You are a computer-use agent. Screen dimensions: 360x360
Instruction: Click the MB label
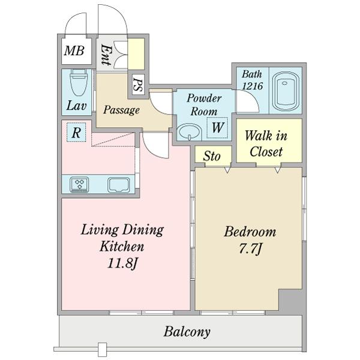click(74, 51)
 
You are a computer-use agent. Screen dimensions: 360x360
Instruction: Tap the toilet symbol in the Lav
click(79, 82)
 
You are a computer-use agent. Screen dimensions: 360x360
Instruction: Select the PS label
click(138, 85)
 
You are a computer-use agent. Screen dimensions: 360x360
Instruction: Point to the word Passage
click(121, 110)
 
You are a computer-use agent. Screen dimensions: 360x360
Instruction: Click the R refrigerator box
click(76, 132)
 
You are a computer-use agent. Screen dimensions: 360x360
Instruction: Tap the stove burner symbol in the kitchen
click(79, 184)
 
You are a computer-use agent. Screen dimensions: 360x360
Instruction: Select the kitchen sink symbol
click(118, 184)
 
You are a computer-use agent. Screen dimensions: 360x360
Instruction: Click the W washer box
click(217, 128)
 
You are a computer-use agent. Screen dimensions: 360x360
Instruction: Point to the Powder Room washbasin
click(190, 132)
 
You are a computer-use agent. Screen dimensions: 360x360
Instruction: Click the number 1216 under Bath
click(253, 86)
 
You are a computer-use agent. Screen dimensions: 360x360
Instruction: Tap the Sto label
click(212, 156)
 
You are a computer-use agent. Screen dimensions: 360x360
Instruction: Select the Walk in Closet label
click(266, 144)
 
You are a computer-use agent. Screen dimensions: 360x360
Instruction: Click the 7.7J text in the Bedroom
click(250, 248)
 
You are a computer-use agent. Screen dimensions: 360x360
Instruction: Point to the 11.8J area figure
click(122, 263)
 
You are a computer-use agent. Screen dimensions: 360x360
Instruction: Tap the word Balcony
click(187, 332)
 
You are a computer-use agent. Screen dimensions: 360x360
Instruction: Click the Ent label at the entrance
click(106, 55)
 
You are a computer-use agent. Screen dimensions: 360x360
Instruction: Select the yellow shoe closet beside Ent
click(136, 54)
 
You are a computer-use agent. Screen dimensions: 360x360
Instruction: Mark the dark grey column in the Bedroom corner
click(290, 300)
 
